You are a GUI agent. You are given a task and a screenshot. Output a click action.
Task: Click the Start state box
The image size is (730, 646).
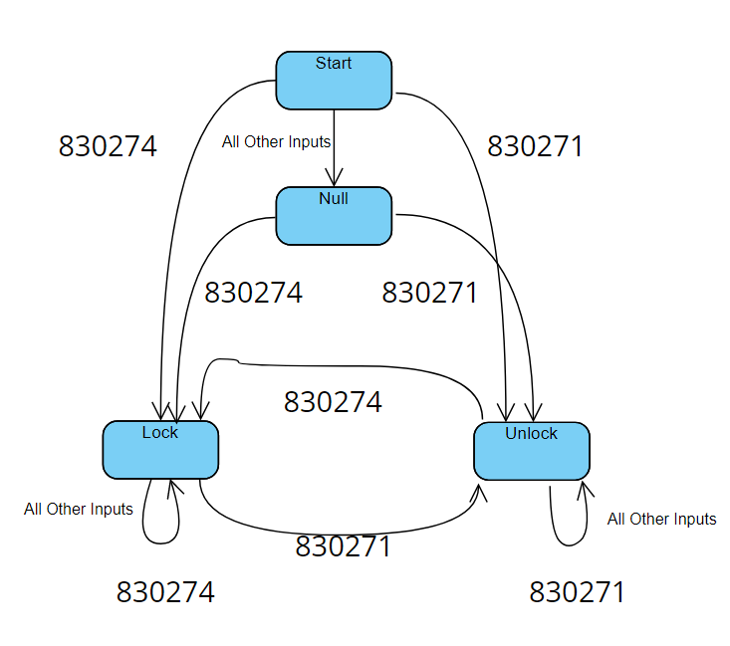[x=334, y=80]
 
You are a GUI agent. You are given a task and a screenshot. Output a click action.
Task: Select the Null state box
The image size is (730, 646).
[x=334, y=216]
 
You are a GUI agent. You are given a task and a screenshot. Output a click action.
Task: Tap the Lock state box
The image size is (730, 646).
[x=160, y=450]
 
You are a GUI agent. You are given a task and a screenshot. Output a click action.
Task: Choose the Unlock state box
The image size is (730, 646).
[x=531, y=451]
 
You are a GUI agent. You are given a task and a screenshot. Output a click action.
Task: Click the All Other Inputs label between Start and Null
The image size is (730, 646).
[x=276, y=142]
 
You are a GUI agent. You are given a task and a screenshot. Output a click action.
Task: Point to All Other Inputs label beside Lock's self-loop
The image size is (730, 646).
[x=79, y=510]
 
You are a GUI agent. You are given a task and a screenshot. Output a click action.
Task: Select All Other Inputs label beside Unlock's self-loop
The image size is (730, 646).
[x=661, y=520]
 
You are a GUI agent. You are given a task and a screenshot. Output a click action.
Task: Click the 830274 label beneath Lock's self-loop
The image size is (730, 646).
[x=165, y=593]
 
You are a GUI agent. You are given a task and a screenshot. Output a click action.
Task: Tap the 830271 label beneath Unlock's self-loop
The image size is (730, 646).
[x=577, y=593]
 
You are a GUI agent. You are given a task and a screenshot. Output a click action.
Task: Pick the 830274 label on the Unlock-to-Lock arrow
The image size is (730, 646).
[x=333, y=402]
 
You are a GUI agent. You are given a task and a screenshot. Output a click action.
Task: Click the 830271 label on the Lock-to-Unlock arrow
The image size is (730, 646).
[x=343, y=547]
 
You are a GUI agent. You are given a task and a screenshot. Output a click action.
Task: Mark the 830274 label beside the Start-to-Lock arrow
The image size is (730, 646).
[x=108, y=147]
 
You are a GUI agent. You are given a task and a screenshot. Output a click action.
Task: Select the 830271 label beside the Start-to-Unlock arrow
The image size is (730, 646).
[x=535, y=147]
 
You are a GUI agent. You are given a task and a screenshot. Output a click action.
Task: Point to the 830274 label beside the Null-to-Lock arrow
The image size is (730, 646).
[x=253, y=294]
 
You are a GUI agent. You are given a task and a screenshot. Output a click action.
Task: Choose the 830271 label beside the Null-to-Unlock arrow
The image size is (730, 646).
[x=430, y=294]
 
